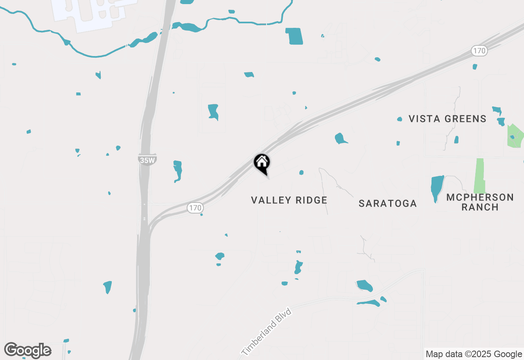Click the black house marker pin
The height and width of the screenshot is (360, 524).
[262, 163]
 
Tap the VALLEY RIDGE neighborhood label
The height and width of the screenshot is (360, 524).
[289, 200]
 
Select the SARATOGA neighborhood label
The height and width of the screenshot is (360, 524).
[387, 203]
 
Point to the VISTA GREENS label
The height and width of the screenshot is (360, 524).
[447, 119]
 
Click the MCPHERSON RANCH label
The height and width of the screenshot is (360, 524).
[480, 202]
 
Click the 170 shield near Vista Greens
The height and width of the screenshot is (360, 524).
[479, 51]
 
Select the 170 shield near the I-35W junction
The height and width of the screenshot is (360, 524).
[195, 208]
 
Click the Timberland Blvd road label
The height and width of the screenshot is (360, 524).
[266, 332]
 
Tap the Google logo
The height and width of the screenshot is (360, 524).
[28, 350]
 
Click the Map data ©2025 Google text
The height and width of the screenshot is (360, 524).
[474, 354]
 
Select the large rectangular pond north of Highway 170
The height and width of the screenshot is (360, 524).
[294, 36]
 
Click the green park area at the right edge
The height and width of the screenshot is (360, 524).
[515, 136]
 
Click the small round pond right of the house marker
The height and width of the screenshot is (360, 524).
[301, 173]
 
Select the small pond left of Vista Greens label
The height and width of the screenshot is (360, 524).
[400, 119]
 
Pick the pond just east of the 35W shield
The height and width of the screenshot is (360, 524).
[177, 170]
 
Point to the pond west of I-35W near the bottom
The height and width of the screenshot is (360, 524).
[108, 286]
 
